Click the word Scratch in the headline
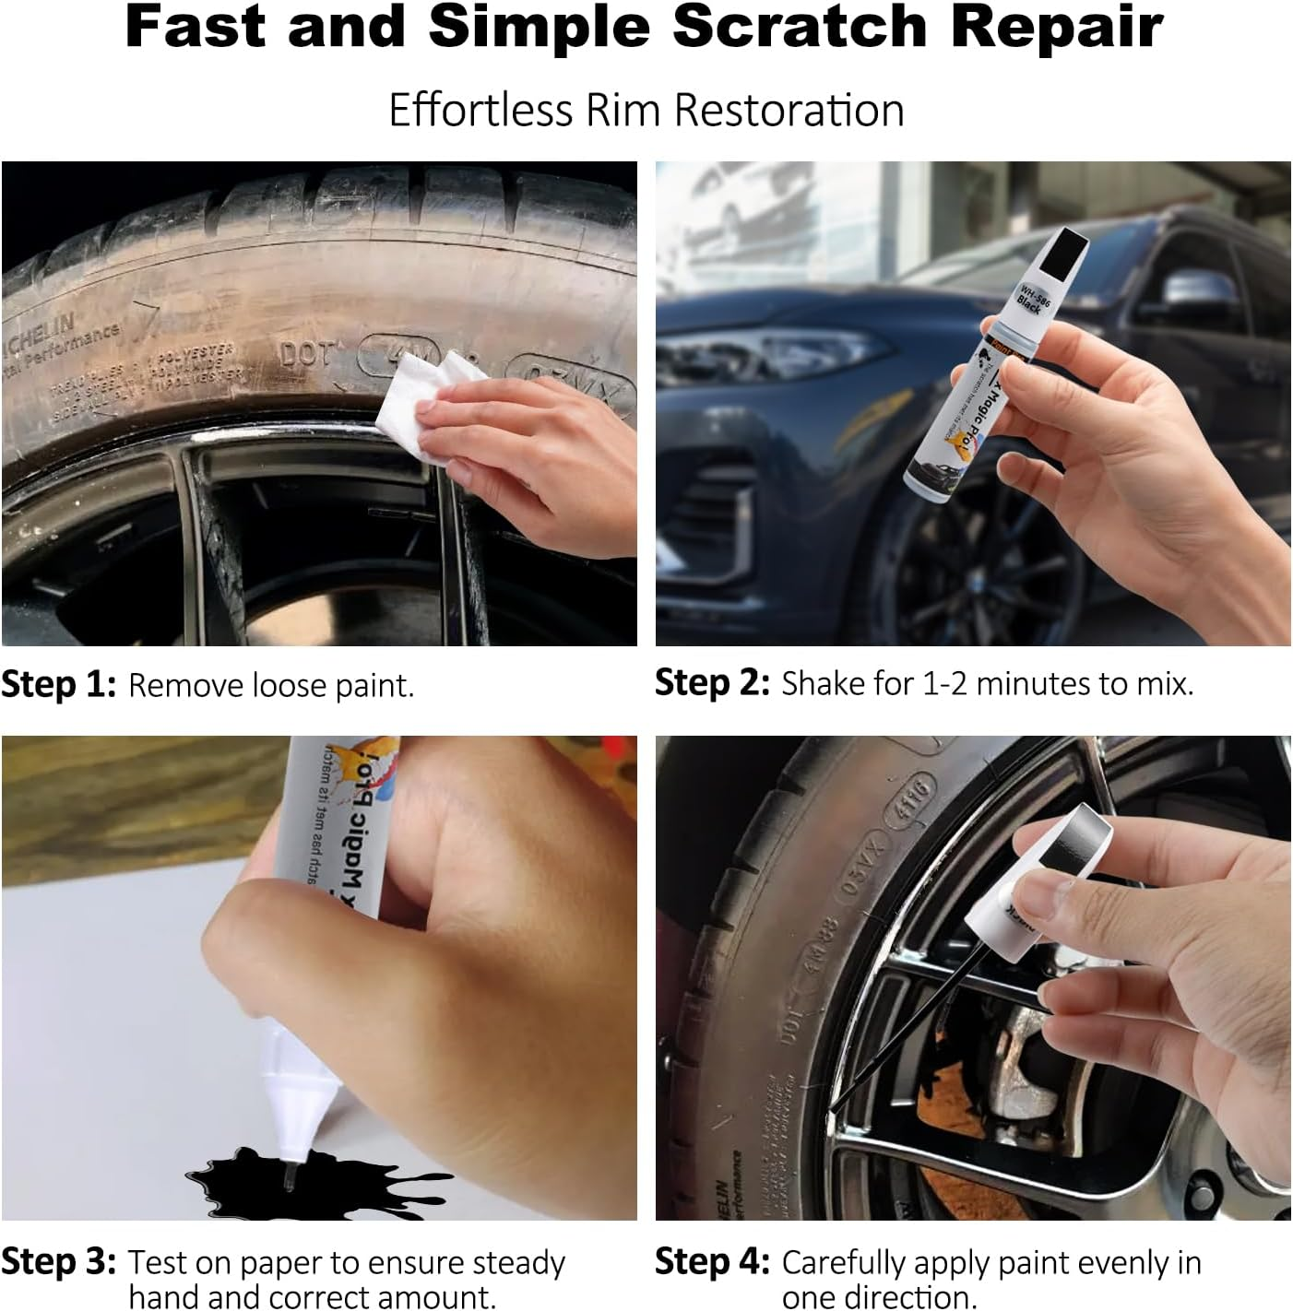click(799, 28)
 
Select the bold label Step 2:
click(712, 683)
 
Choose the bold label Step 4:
click(712, 1261)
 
